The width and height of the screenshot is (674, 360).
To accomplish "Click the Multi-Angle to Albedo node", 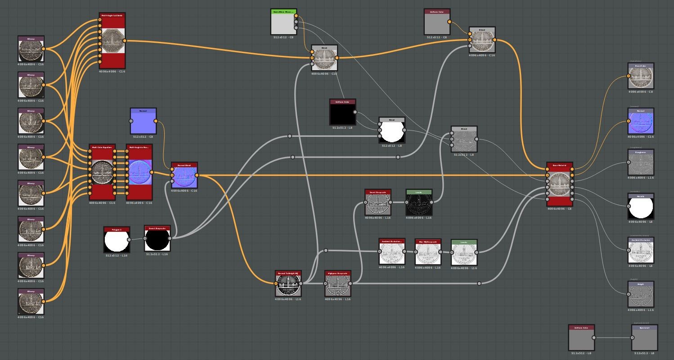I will pos(112,41).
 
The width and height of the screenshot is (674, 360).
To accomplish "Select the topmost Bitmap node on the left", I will pos(31,49).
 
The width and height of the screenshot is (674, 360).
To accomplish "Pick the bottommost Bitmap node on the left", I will pos(31,301).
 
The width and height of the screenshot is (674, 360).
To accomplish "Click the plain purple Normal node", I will pos(144,121).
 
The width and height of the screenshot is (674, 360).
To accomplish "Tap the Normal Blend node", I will pos(184,175).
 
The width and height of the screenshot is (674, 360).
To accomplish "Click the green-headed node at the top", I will pos(283,22).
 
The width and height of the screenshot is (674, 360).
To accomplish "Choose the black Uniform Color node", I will pos(342,112).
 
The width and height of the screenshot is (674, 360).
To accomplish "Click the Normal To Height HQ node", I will pos(288,283).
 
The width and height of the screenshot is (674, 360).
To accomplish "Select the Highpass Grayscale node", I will pos(337,283).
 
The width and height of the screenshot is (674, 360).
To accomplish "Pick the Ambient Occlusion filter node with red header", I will pos(391,252).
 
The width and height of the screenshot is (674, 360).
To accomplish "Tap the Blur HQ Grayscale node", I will pos(427,252).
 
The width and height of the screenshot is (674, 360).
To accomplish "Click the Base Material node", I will pos(560,184).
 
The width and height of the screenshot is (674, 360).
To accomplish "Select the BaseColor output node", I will pos(641,76).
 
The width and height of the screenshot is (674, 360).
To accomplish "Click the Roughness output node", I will pos(641,162).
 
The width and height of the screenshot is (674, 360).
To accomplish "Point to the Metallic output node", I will pos(641,207).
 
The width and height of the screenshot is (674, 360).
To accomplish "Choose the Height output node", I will pos(641,294).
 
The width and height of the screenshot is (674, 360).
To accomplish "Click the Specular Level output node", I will pos(644,337).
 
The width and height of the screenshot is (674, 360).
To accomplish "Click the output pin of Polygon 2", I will pos(129,240).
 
